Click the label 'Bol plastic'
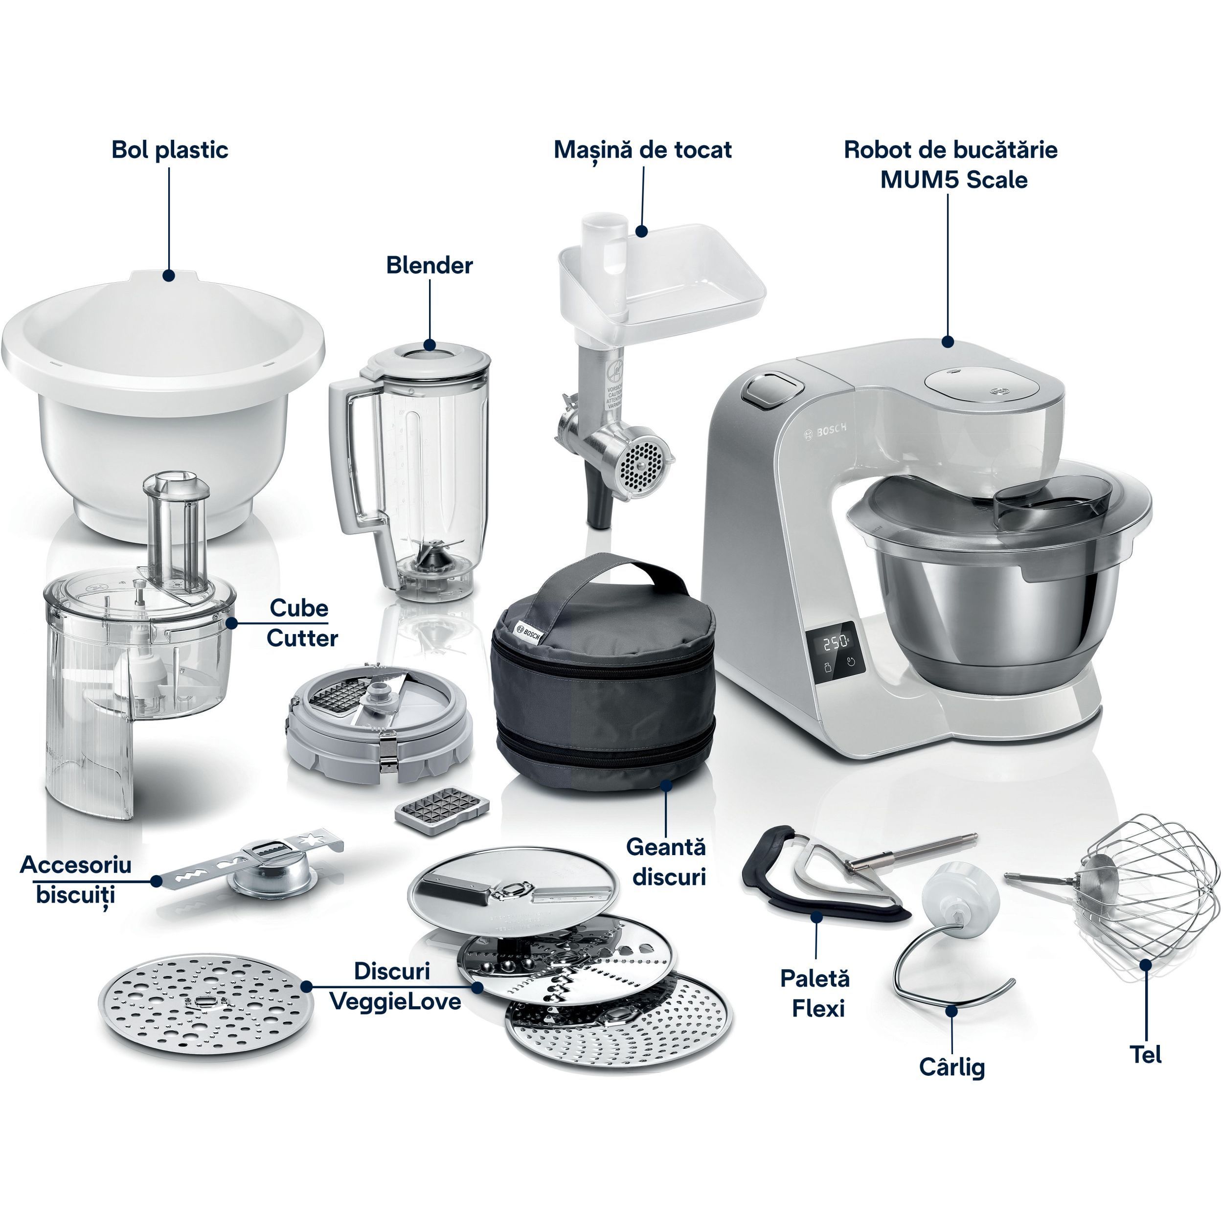[170, 150]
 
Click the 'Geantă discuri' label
[666, 861]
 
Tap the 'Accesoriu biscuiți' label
[76, 880]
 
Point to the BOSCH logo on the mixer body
[825, 431]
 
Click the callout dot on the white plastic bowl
[168, 275]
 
